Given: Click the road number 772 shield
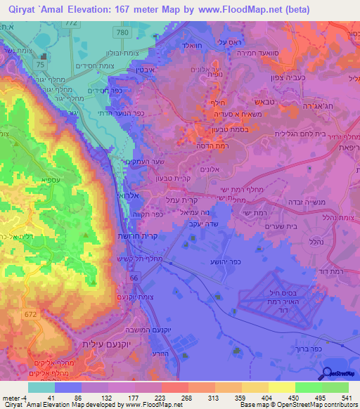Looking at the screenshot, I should click(x=91, y=23).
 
